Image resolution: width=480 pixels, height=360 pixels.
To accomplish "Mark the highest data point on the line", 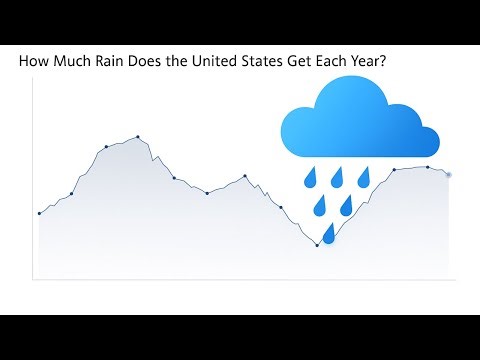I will (x=137, y=136).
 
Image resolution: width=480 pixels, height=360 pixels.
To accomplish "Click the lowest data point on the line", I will (x=317, y=245).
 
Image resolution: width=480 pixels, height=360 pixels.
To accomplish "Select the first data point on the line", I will (x=39, y=213).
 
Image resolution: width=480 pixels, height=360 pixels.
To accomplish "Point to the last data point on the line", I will (x=448, y=174).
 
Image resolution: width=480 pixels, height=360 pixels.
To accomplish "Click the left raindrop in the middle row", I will (x=320, y=207).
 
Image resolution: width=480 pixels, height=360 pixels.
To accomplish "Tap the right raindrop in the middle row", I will (x=347, y=206).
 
